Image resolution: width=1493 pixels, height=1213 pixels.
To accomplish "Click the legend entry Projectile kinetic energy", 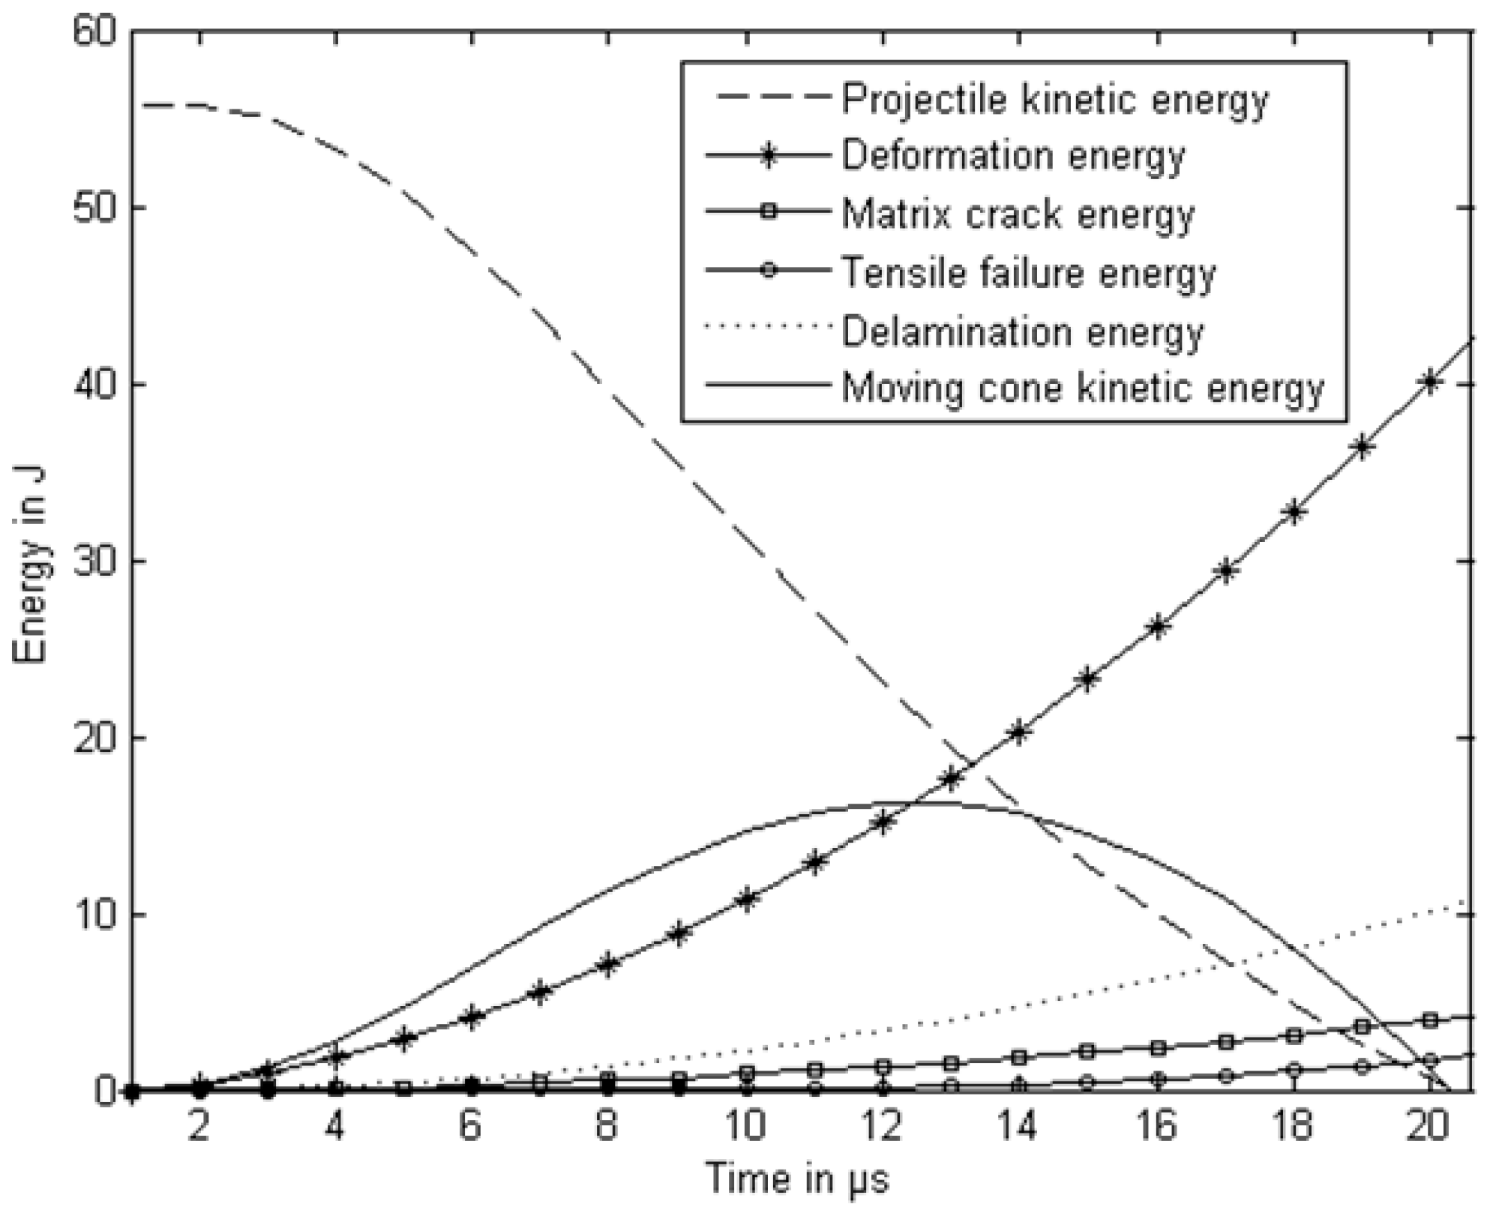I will coord(1054,99).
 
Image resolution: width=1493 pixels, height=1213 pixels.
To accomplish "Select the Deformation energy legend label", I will coord(1012,157).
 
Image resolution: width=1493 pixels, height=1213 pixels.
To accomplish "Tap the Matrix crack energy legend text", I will coord(1018,215).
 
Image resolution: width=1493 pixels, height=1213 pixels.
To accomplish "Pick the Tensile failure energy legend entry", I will coord(1028,273).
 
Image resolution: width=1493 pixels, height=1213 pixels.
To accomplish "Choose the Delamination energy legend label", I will coord(1022,331).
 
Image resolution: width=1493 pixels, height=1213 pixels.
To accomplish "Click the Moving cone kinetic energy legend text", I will coord(1083,388).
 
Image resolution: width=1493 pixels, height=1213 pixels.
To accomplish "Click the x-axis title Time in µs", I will coord(797,1179).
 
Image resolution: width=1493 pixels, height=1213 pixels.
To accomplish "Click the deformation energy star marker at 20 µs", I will coord(1430,382).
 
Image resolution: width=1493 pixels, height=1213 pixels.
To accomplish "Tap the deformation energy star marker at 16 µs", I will coord(1157,627).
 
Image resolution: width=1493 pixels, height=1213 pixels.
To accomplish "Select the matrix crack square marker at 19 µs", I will coord(1363,1026).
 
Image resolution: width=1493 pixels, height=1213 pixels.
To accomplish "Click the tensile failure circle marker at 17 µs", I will coord(1226,1076).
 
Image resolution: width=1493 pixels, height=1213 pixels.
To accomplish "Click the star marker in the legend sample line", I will coord(767,157).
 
